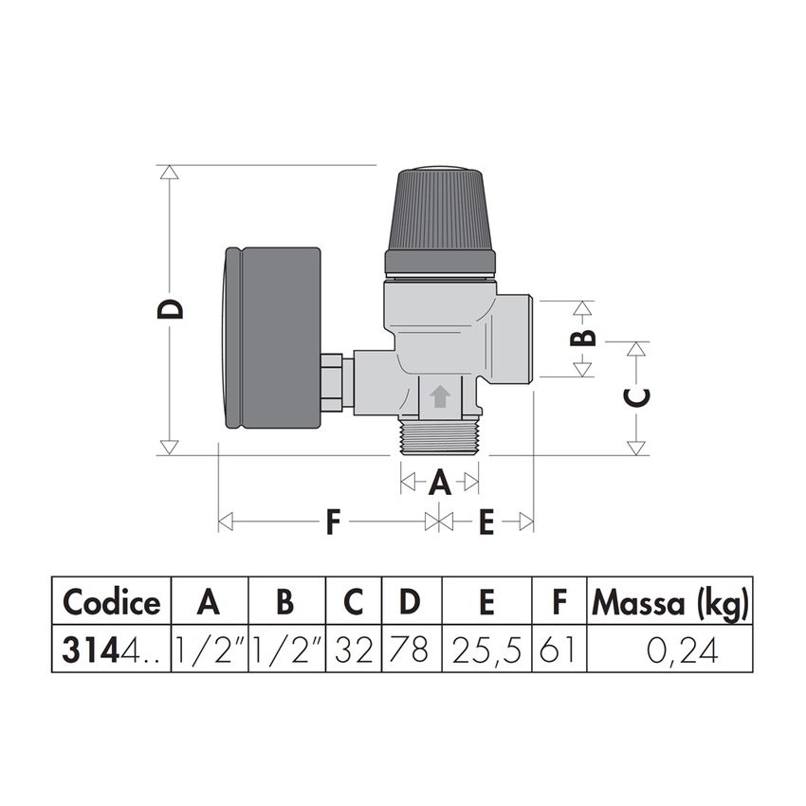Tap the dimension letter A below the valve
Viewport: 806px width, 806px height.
coord(439,484)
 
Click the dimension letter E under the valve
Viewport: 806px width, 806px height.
coord(485,522)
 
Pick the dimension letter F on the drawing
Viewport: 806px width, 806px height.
coord(331,522)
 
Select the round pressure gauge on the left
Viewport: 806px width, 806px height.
coord(273,338)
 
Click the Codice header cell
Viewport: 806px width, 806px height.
coord(111,601)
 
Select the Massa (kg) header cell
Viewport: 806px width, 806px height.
coord(670,601)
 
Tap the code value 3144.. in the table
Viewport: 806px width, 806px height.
coord(111,650)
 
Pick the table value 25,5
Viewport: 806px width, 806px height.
coord(486,650)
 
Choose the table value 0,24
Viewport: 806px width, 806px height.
coord(670,650)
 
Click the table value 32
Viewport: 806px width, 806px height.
coord(354,650)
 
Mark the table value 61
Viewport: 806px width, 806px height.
coord(559,650)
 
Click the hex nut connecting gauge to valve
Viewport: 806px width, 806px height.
coord(331,383)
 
